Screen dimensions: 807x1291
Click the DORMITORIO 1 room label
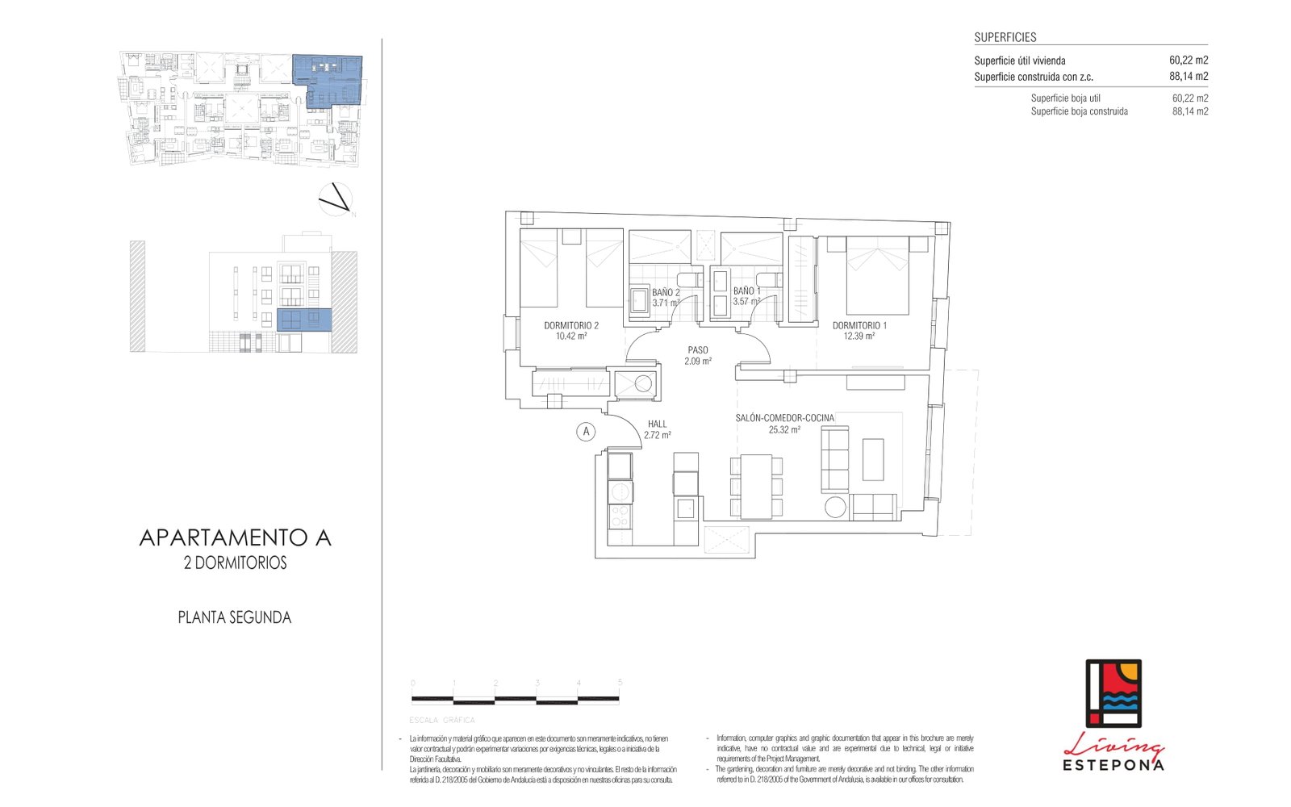pyautogui.click(x=859, y=326)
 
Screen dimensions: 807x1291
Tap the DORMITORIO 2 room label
pyautogui.click(x=571, y=326)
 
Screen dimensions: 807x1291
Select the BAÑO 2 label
pyautogui.click(x=666, y=293)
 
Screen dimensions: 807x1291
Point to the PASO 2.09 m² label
pyautogui.click(x=698, y=356)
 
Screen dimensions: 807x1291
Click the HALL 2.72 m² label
pyautogui.click(x=658, y=429)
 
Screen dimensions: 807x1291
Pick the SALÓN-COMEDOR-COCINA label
pyautogui.click(x=784, y=418)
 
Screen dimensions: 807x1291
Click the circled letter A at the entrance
pyautogui.click(x=587, y=432)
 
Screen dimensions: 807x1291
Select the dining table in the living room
pyautogui.click(x=756, y=487)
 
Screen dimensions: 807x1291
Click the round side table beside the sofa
pyautogui.click(x=835, y=508)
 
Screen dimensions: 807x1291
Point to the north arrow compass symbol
pyautogui.click(x=336, y=199)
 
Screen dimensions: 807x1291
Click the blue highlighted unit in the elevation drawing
pyautogui.click(x=304, y=320)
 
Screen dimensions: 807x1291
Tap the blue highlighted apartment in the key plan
pyautogui.click(x=327, y=78)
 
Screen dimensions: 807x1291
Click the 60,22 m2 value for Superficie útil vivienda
pyautogui.click(x=1188, y=61)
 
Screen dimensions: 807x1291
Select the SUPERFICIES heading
pyautogui.click(x=1005, y=37)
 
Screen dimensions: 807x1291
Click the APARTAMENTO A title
pyautogui.click(x=236, y=538)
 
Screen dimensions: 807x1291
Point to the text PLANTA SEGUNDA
pyautogui.click(x=235, y=617)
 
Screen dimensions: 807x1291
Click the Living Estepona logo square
pyautogui.click(x=1113, y=693)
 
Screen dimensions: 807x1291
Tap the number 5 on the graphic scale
pyautogui.click(x=620, y=683)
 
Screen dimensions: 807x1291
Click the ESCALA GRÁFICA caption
pyautogui.click(x=442, y=720)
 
